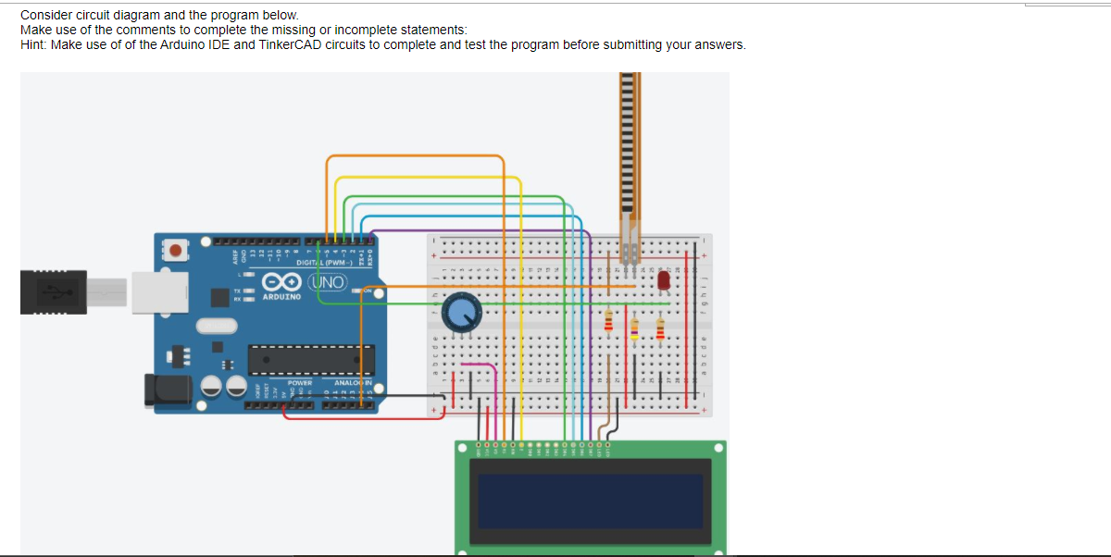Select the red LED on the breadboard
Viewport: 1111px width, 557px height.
663,279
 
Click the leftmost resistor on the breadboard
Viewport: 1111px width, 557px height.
608,321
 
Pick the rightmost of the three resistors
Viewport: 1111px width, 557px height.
660,328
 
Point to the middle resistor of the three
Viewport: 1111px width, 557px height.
634,328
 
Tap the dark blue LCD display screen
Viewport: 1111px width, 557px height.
590,501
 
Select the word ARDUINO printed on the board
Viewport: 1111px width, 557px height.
281,298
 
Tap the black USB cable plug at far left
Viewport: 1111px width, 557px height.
56,291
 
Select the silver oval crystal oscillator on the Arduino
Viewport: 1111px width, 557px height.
217,326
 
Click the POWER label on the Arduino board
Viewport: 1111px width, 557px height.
299,382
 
